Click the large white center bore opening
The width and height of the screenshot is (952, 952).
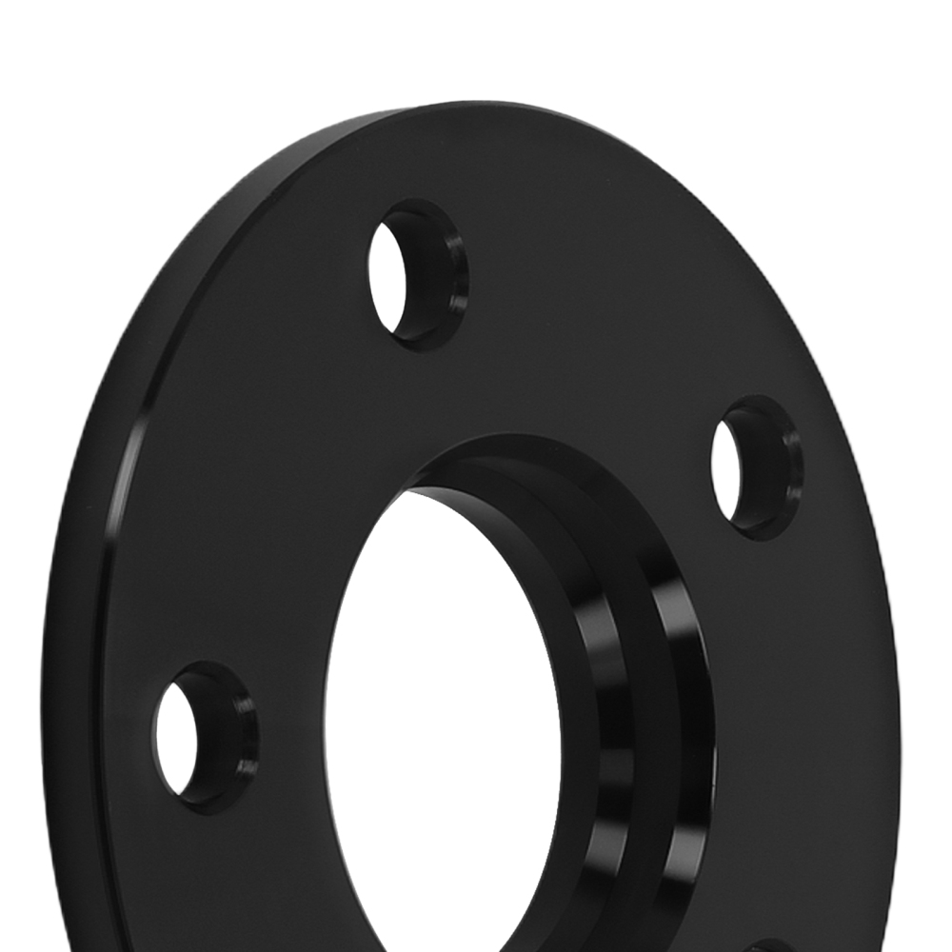pos(438,724)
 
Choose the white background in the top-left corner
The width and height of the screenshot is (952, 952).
pos(57,57)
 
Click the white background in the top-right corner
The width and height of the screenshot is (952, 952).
pos(895,57)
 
